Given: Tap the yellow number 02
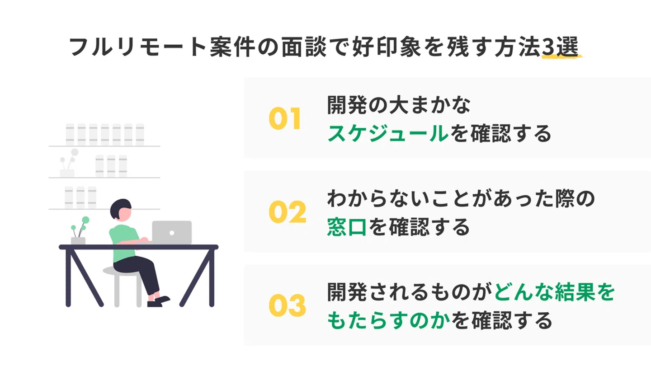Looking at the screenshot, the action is pos(287,212).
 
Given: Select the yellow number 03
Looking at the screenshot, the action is pos(287,305).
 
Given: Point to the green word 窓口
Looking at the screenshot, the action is pos(346,227).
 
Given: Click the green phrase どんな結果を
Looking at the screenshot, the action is pos(555,293).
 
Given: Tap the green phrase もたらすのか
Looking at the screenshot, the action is pos(388,320).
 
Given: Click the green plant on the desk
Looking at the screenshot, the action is pos(79,228).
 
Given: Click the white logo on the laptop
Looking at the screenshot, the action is pos(171,233).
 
